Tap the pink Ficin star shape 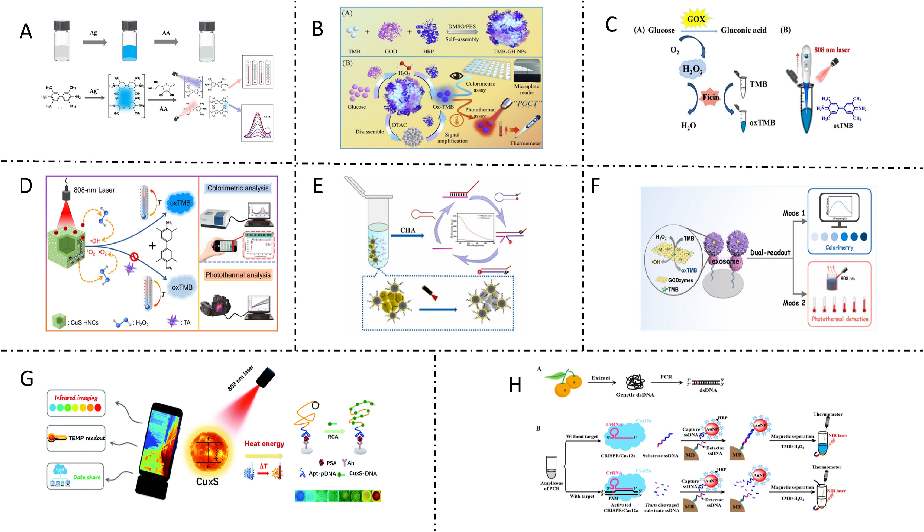(x=710, y=98)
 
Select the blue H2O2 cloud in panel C (x=692, y=69)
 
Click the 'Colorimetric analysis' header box (x=238, y=188)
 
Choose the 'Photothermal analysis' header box (x=238, y=275)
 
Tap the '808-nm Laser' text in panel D (x=94, y=190)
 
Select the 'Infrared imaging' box (x=76, y=403)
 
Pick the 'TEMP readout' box (x=76, y=438)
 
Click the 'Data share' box (x=76, y=477)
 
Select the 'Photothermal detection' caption (x=840, y=319)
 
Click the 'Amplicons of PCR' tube (x=551, y=468)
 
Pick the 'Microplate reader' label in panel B (x=526, y=89)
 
